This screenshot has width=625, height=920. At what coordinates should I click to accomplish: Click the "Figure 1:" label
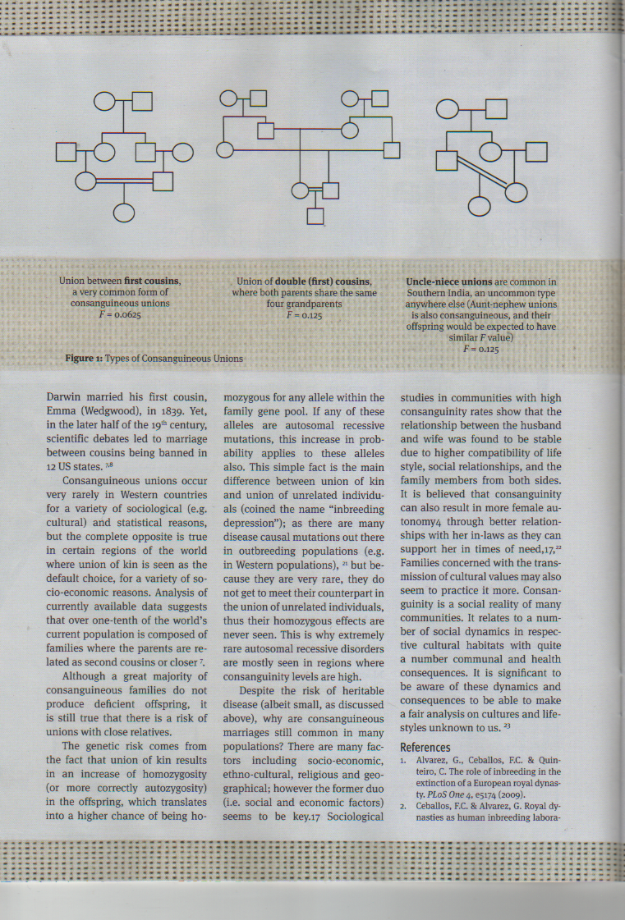pyautogui.click(x=84, y=359)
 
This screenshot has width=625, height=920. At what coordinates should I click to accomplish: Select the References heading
pyautogui.click(x=425, y=748)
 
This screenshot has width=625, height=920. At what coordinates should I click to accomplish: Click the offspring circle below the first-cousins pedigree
pyautogui.click(x=123, y=213)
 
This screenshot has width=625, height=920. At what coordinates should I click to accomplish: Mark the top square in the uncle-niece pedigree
pyautogui.click(x=495, y=109)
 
